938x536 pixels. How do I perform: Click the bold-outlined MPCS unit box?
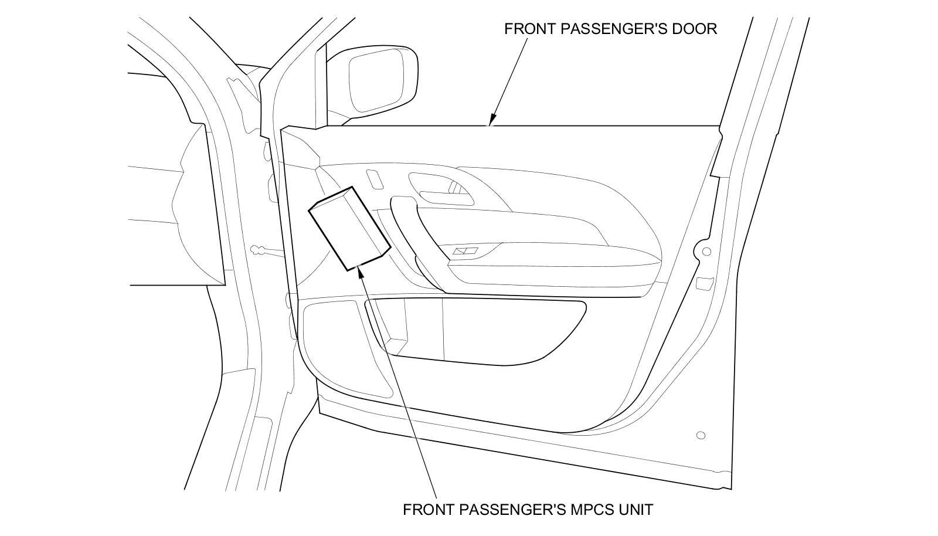pos(349,229)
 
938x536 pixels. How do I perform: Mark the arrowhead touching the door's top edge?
pos(491,122)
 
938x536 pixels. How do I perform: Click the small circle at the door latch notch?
pos(706,252)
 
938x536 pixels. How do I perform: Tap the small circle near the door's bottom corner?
pos(700,435)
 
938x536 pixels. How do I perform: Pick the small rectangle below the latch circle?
pos(702,283)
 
